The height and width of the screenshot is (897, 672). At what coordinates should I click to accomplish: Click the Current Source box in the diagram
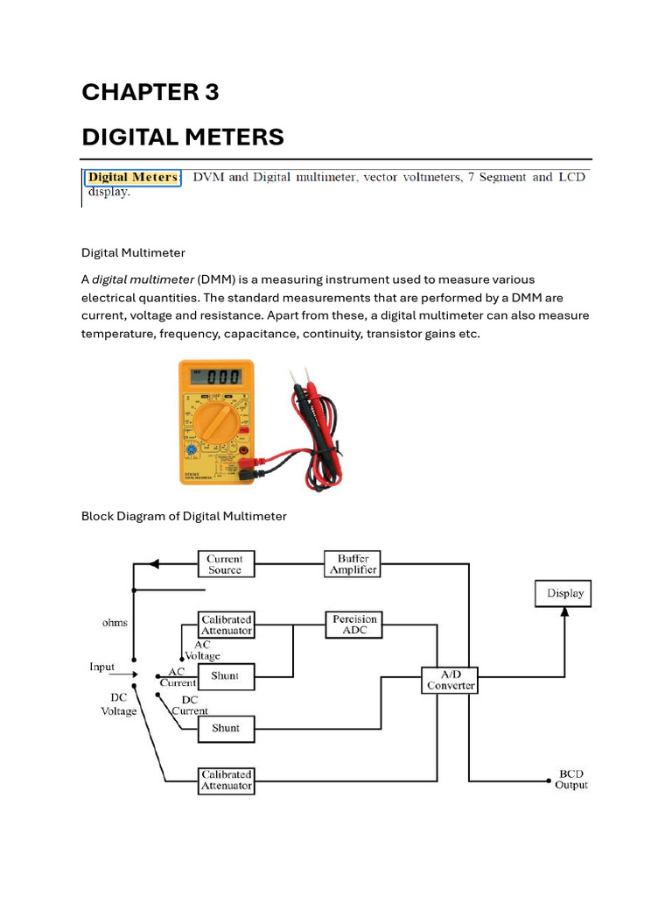(224, 564)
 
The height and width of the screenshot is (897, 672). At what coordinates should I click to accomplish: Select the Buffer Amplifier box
(353, 563)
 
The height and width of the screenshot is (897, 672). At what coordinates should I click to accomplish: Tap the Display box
(564, 593)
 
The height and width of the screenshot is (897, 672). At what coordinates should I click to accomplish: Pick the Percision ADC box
(354, 625)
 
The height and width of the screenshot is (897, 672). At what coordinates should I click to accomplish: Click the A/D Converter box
(450, 680)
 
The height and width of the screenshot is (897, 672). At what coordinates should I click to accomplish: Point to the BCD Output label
(570, 780)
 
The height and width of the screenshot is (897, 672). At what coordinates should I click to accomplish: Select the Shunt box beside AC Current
(225, 676)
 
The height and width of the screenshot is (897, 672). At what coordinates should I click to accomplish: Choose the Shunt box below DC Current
(225, 728)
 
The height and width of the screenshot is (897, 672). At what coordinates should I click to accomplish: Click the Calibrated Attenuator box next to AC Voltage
(227, 625)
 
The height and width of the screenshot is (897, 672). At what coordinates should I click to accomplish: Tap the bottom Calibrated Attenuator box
(227, 780)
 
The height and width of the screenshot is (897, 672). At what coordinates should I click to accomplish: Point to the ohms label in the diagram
(114, 623)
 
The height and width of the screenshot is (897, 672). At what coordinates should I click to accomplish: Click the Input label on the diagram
(102, 667)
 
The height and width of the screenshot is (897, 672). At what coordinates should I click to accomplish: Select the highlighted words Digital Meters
(133, 178)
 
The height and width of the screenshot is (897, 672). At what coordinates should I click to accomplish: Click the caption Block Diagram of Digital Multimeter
(184, 516)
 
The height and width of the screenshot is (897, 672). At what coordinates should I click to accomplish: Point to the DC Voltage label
(118, 705)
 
